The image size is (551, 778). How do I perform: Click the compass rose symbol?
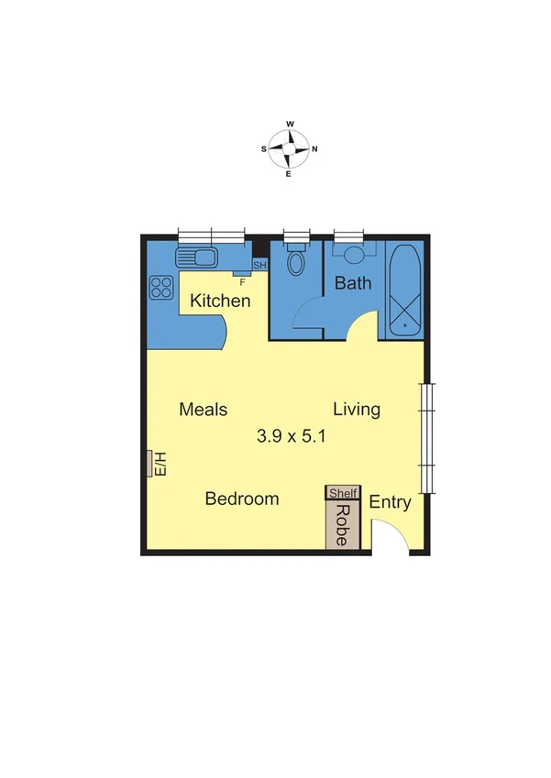289,148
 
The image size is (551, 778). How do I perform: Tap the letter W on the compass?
290,123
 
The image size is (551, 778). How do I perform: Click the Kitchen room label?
220,301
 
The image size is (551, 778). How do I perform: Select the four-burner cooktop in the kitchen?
162,288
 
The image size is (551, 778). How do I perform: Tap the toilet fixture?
296,263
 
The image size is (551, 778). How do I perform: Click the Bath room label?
353,282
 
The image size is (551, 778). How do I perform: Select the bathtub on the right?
404,288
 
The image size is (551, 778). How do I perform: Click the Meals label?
204,410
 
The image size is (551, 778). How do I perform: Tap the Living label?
357,410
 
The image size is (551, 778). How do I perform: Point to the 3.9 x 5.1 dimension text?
292,437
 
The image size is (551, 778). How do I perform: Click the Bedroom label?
242,499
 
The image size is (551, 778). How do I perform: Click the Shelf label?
343,493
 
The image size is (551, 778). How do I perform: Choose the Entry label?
390,503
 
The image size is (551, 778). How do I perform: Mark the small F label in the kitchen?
241,281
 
